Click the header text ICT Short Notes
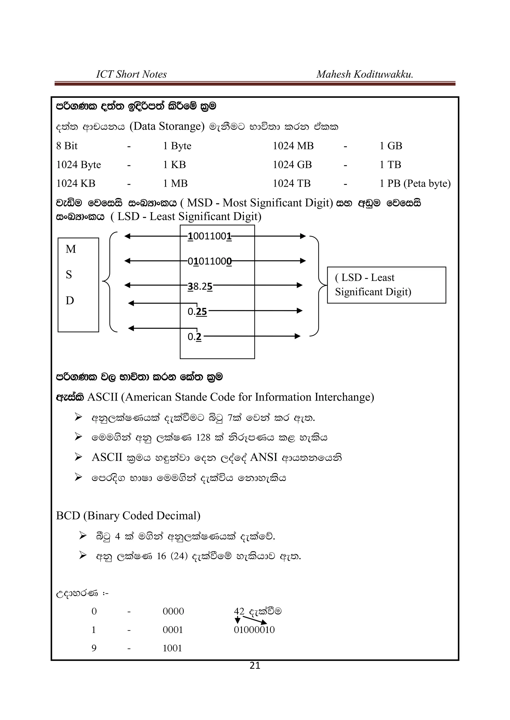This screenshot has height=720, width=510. [x=131, y=74]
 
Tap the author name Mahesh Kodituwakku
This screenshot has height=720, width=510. [x=364, y=74]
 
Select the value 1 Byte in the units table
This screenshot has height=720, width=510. [x=177, y=146]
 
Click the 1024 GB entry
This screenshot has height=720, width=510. [x=292, y=165]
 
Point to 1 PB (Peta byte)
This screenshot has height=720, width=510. [x=415, y=184]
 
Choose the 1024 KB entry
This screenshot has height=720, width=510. [x=76, y=184]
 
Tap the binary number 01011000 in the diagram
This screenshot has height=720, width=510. [x=209, y=261]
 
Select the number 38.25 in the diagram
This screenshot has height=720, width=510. [x=200, y=286]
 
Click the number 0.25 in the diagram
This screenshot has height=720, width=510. [x=197, y=311]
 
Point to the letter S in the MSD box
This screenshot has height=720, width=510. [x=69, y=275]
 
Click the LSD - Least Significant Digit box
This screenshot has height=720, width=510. [x=386, y=285]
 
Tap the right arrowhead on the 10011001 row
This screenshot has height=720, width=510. [x=303, y=236]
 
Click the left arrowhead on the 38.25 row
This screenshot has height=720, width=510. [x=127, y=285]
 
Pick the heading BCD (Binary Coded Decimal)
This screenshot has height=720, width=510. [x=128, y=516]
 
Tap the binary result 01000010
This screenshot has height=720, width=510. [x=254, y=630]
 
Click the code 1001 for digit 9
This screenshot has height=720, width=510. [x=172, y=648]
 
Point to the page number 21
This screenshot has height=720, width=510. [x=255, y=665]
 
